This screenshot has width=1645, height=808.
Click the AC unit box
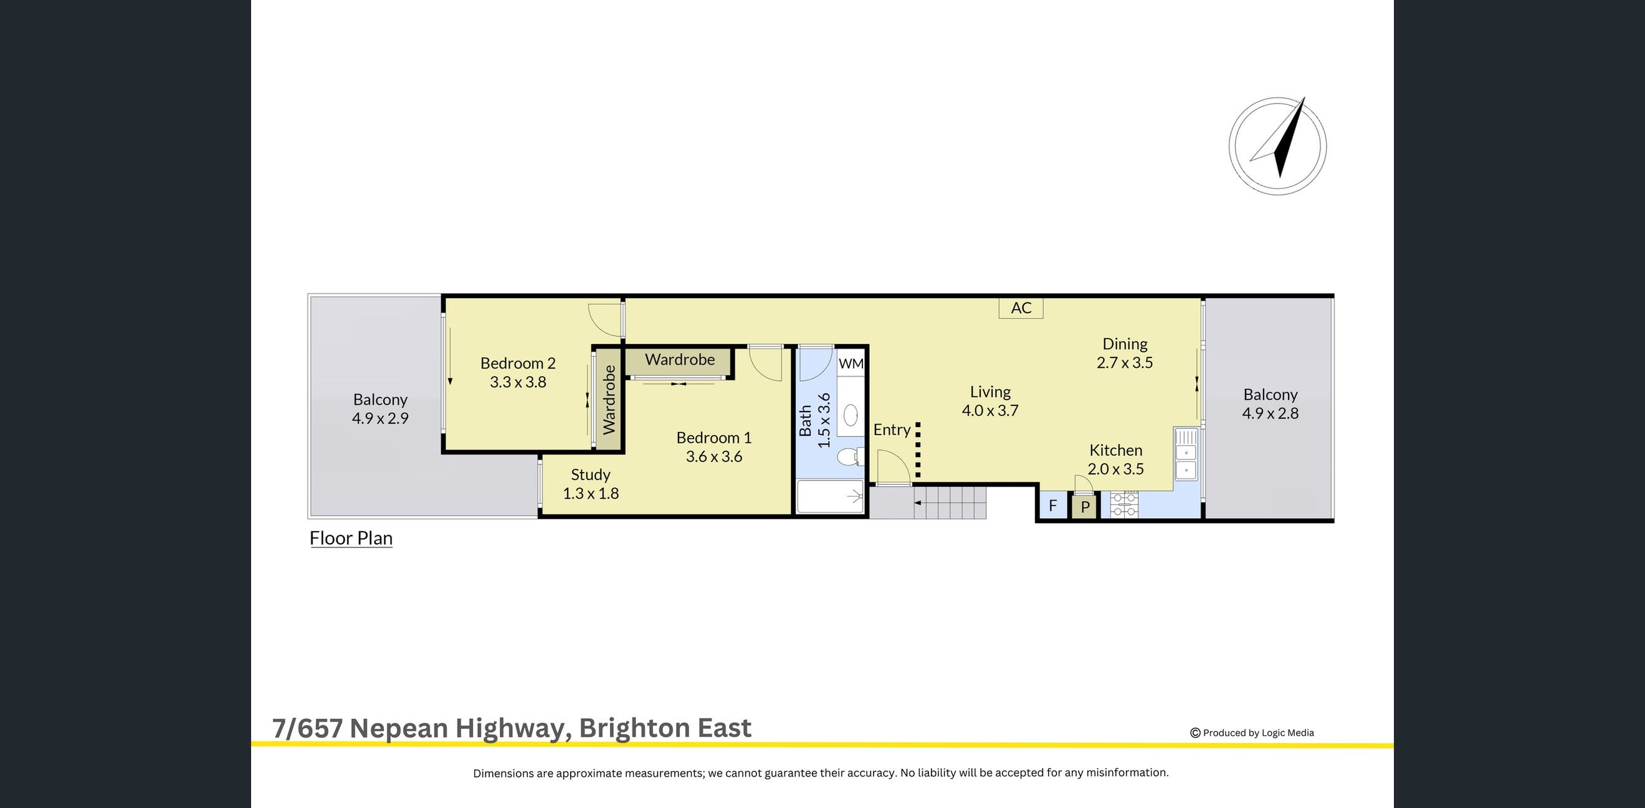click(1021, 308)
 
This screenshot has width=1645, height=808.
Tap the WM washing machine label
click(851, 363)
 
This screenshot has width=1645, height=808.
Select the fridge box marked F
click(1052, 506)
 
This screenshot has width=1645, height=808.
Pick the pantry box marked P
click(1084, 507)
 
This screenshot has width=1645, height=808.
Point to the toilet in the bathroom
click(849, 457)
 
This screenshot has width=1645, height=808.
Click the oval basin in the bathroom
click(851, 416)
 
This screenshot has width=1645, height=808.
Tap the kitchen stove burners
click(1125, 504)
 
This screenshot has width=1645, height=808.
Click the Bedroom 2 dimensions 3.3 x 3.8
click(518, 382)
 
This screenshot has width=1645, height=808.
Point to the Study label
click(590, 474)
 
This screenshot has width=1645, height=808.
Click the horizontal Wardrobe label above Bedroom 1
click(679, 360)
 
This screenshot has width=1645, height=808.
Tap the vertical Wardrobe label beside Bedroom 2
click(609, 399)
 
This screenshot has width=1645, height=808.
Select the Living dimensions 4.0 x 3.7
click(990, 411)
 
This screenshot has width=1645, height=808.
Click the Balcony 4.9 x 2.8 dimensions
click(1269, 413)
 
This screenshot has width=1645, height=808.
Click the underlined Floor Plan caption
click(351, 538)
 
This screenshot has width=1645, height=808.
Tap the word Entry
click(892, 430)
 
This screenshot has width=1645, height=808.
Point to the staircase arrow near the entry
click(918, 503)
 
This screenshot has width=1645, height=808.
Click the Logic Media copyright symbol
click(1194, 733)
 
